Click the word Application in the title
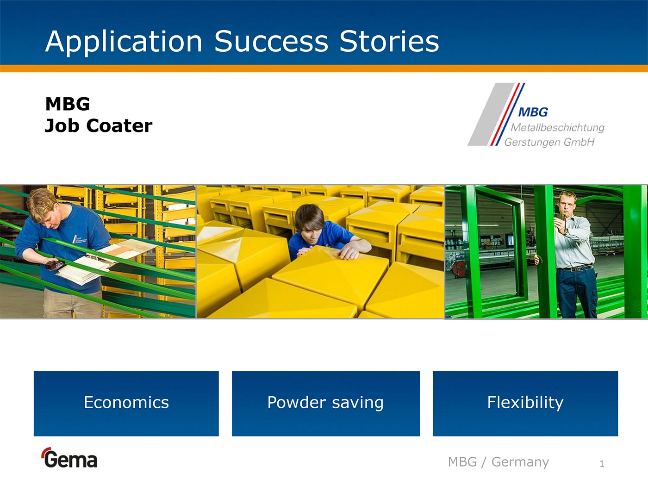pyautogui.click(x=124, y=42)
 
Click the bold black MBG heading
pyautogui.click(x=67, y=104)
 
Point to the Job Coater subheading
pyautogui.click(x=98, y=126)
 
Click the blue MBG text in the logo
pyautogui.click(x=533, y=112)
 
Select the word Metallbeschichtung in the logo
pyautogui.click(x=558, y=127)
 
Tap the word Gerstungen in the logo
pyautogui.click(x=533, y=142)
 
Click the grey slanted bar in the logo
pyautogui.click(x=491, y=114)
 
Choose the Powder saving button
pyautogui.click(x=326, y=403)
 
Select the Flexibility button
pyautogui.click(x=525, y=403)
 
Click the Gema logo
pyautogui.click(x=69, y=458)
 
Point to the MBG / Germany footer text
pyautogui.click(x=498, y=462)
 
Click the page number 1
pyautogui.click(x=602, y=464)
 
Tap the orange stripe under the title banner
pyautogui.click(x=324, y=68)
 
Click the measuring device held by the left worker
pyautogui.click(x=55, y=265)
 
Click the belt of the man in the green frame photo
pyautogui.click(x=575, y=268)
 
